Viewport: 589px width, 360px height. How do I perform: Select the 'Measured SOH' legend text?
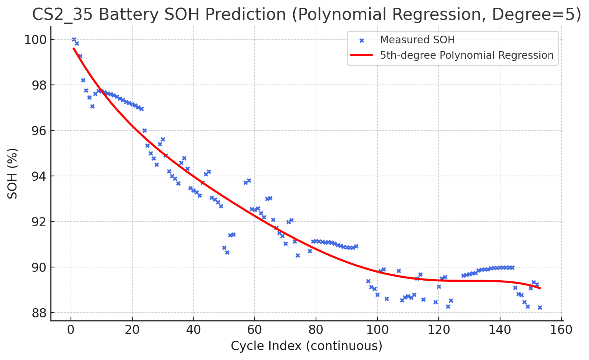point(417,40)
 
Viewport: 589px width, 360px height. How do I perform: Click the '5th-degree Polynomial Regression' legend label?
point(467,55)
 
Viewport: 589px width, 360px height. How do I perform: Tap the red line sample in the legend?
point(362,55)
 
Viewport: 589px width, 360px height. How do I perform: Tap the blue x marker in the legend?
point(362,40)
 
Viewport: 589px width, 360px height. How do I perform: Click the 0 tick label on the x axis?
point(71,330)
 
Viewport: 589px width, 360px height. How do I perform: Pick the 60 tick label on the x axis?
point(255,330)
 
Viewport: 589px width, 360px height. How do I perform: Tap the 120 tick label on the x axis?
point(438,330)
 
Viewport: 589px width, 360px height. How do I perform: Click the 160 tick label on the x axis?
point(561,330)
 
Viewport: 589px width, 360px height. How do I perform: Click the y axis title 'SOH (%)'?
point(13,173)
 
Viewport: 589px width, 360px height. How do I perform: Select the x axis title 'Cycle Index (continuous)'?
point(306,346)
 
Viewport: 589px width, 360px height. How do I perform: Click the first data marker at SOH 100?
point(74,39)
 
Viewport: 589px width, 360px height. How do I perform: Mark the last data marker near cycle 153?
point(540,307)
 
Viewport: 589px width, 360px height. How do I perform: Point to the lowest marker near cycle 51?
point(227,252)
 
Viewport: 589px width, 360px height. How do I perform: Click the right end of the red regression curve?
point(540,288)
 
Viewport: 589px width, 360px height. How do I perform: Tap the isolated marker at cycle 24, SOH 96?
point(144,130)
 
